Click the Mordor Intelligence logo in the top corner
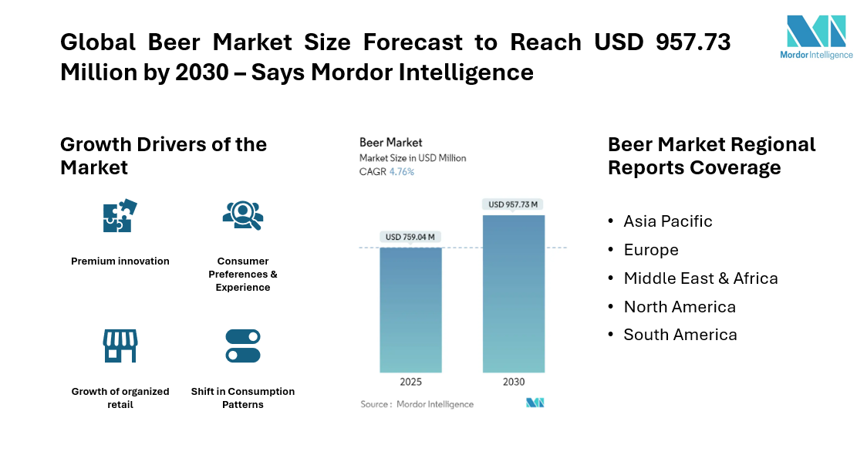coord(816,37)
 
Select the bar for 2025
coord(410,310)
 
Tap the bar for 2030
coord(514,294)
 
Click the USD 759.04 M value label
coord(410,237)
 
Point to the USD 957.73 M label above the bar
coord(513,204)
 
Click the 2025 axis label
coord(410,382)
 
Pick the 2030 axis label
coord(514,382)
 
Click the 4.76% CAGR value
coord(402,171)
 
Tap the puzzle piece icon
coord(120,215)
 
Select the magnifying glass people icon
coord(243,215)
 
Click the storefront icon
coord(120,346)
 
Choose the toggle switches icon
coord(243,346)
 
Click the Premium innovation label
coord(120,261)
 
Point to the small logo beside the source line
coord(535,403)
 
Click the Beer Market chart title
coord(391,143)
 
